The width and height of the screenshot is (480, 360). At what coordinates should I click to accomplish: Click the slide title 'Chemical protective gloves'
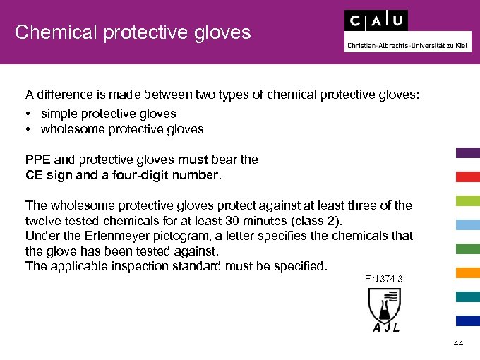133,32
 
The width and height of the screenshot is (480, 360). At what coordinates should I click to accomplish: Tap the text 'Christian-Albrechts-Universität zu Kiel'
407,44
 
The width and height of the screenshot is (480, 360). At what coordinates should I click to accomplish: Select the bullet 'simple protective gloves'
108,114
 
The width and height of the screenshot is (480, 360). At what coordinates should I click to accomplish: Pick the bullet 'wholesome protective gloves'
121,129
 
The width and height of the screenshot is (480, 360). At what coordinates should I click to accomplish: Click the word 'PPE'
37,160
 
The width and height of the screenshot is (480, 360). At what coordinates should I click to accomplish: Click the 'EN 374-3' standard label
383,278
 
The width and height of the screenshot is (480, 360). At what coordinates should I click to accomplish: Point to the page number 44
459,344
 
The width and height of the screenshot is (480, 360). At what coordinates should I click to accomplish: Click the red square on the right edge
467,176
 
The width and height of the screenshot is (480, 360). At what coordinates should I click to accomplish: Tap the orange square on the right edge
467,272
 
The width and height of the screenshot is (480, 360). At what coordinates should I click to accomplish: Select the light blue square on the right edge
467,224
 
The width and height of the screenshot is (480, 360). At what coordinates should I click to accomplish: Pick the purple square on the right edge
467,152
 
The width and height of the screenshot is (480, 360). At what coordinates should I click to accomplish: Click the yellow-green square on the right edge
467,200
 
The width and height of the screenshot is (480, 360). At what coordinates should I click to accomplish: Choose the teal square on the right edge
467,296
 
